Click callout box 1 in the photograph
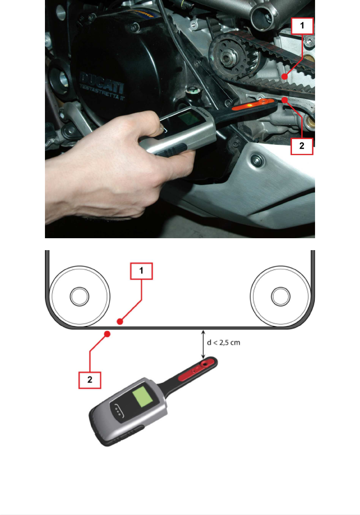coord(302,26)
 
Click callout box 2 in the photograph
coord(302,146)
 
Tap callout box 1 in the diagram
coord(141,271)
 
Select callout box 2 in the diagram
coord(90,380)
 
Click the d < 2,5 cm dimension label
coord(224,342)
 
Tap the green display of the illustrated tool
coord(143,397)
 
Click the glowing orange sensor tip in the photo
coord(253,105)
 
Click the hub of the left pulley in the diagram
coord(80,297)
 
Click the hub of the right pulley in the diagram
coord(280,297)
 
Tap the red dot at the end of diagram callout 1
coord(120,322)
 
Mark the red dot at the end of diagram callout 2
coord(107,334)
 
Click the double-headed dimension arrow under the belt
coord(203,344)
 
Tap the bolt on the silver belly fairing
coord(257,159)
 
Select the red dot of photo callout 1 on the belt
coord(284,77)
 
